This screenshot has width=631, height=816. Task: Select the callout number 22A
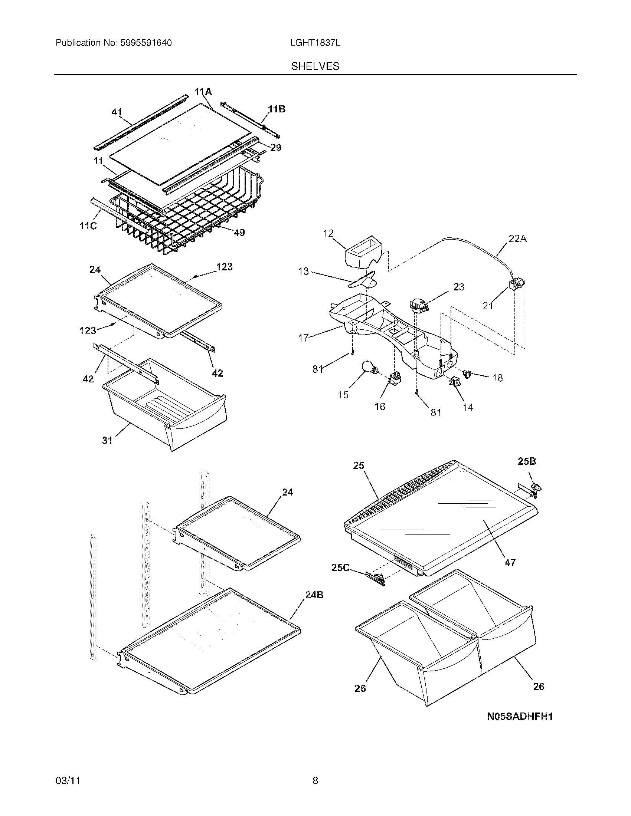tap(517, 239)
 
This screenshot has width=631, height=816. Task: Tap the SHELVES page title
tap(315, 66)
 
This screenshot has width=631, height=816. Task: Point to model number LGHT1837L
tap(315, 43)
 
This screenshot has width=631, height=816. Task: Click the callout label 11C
tap(88, 226)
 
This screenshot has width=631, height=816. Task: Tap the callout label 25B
tap(527, 461)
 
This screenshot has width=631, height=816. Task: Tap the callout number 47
tap(510, 562)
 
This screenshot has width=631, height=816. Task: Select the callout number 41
tap(117, 112)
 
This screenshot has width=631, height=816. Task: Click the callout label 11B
tap(277, 109)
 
